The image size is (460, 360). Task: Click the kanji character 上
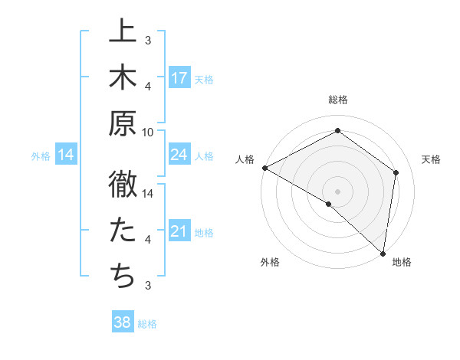123,32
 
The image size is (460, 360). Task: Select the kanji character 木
123,77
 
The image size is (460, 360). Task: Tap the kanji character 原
123,123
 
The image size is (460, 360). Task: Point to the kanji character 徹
123,184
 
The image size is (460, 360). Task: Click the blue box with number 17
179,78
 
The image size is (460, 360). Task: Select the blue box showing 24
179,155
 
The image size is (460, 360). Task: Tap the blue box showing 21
179,232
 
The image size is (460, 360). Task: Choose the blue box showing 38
123,322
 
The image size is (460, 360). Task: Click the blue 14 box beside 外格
66,155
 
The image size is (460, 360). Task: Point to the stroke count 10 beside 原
148,132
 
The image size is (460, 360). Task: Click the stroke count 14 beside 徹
148,194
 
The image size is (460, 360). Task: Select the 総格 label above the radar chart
338,100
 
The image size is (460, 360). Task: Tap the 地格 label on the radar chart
402,262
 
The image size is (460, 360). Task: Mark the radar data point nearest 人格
264,168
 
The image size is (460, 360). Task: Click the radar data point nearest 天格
396,172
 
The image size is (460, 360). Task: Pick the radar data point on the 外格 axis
329,204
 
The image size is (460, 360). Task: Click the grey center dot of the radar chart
338,191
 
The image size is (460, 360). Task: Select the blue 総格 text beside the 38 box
147,324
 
